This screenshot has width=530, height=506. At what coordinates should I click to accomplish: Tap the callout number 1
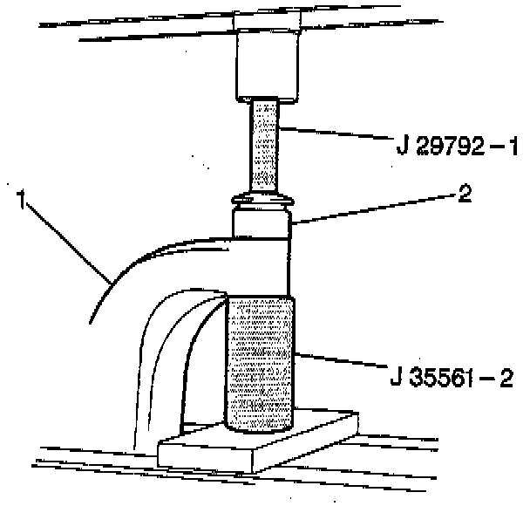point(20,202)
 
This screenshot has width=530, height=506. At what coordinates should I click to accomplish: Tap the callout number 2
point(463,194)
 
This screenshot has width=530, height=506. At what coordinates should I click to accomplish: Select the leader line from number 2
point(375,209)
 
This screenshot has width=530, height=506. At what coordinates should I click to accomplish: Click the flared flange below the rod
point(264,200)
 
